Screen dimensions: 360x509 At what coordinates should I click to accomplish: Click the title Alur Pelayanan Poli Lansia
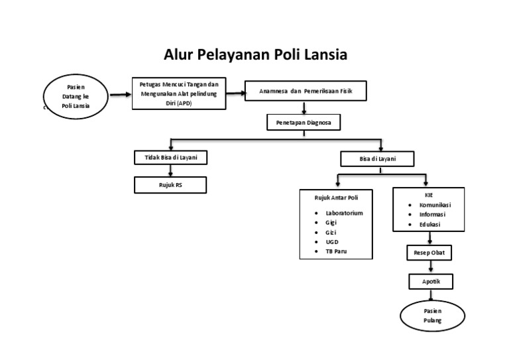click(255, 54)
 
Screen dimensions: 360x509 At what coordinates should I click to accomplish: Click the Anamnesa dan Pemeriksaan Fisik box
click(305, 91)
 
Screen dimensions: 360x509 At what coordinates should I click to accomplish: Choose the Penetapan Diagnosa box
click(304, 123)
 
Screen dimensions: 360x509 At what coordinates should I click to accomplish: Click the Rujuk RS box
click(170, 184)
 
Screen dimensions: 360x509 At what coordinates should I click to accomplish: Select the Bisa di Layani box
click(377, 159)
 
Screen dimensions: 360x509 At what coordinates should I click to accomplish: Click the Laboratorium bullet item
click(344, 212)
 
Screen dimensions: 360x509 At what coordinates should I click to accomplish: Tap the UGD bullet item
click(332, 242)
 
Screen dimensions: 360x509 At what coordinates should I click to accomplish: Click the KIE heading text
click(428, 195)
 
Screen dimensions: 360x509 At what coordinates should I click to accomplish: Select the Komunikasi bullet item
click(435, 205)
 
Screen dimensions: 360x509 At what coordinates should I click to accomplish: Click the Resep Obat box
click(429, 253)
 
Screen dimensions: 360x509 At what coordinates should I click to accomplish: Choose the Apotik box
click(430, 282)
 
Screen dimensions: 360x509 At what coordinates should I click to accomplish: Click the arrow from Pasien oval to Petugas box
click(119, 95)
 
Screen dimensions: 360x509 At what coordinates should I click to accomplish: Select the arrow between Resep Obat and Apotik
click(431, 267)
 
